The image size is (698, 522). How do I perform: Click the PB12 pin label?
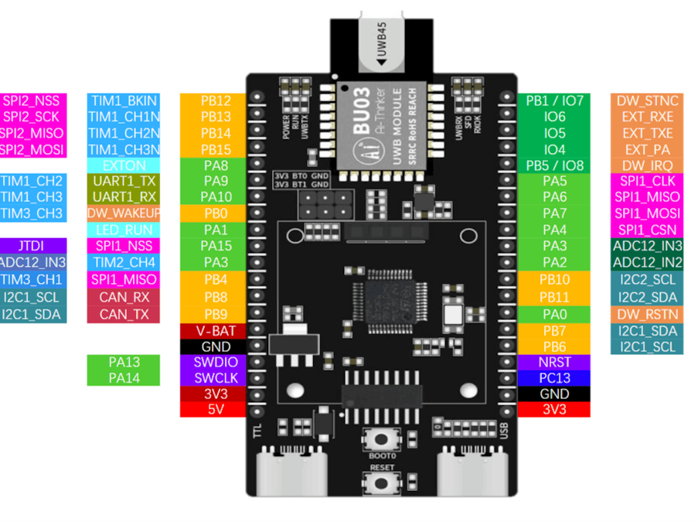(x=216, y=101)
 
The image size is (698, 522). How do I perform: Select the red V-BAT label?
(x=216, y=331)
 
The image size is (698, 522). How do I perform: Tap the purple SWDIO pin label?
(x=216, y=362)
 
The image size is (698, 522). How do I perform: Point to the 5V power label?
(x=216, y=410)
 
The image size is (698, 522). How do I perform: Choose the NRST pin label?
(x=554, y=362)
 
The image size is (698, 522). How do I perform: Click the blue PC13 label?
(x=554, y=378)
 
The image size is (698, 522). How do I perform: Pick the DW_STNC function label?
(x=647, y=101)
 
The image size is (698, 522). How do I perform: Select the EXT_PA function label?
(x=647, y=149)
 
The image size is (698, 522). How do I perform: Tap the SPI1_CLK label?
(x=647, y=181)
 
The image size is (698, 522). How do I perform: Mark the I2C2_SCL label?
(x=647, y=279)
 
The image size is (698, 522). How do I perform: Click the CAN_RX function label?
(x=124, y=297)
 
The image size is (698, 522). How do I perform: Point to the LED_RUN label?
(x=124, y=230)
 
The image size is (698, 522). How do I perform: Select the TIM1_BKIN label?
(x=124, y=101)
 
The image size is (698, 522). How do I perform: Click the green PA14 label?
(x=124, y=378)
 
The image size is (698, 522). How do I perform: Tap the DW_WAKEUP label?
(x=124, y=213)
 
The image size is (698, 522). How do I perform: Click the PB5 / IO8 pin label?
(x=554, y=165)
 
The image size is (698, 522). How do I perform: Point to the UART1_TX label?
(x=124, y=181)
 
